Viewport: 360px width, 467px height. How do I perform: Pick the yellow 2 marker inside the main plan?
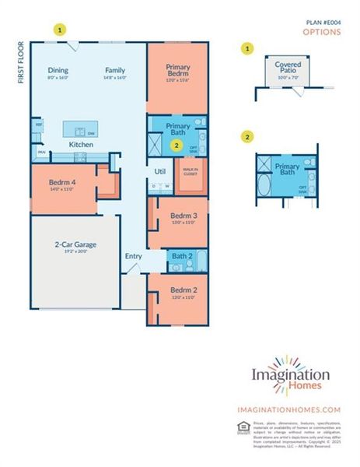pos(177,145)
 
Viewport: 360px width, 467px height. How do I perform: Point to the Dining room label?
pos(58,70)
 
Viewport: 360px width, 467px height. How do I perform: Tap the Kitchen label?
pos(81,145)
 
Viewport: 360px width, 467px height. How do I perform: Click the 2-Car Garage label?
pos(75,244)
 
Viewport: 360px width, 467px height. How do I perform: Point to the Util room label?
pos(161,171)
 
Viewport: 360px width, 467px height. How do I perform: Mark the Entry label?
pos(133,256)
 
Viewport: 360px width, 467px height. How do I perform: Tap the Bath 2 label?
pos(181,255)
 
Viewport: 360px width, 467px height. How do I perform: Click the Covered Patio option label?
pos(281,68)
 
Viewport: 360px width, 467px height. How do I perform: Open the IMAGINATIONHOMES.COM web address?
pos(289,409)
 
